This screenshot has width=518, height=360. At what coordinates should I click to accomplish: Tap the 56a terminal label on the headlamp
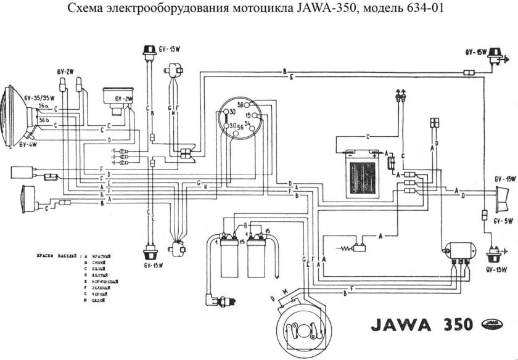point(44,106)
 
